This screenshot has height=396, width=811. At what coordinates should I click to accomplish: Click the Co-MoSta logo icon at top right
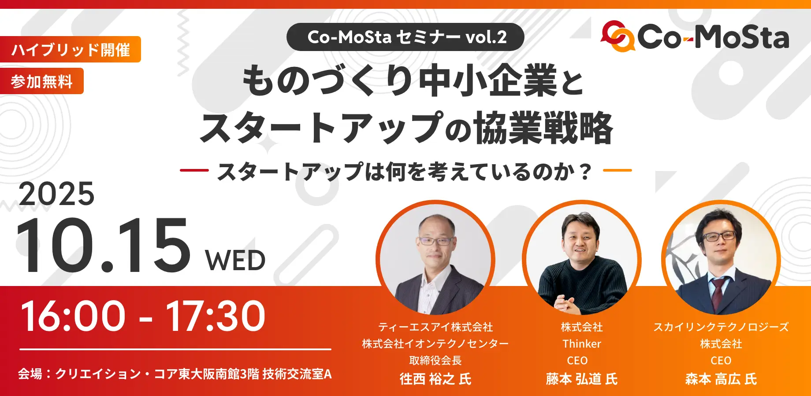(x=618, y=37)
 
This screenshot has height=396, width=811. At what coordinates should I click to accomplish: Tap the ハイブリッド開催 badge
(x=71, y=49)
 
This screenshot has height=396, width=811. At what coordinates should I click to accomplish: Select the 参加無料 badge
(x=42, y=81)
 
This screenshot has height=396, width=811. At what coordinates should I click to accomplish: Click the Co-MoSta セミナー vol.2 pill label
(x=405, y=37)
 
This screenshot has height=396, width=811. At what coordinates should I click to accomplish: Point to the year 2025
(x=56, y=194)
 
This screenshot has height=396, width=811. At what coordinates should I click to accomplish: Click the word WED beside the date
(x=235, y=260)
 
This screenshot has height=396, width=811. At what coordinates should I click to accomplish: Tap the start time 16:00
(x=73, y=316)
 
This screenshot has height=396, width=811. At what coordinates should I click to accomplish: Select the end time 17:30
(x=216, y=316)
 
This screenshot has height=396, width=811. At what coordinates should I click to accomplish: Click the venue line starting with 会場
(x=175, y=374)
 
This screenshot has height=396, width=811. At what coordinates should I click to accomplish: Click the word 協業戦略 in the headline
(x=543, y=128)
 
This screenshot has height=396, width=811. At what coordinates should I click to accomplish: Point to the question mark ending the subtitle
(x=585, y=172)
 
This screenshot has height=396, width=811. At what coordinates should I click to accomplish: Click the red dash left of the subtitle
(x=194, y=170)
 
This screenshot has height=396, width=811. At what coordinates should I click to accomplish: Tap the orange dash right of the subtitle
(x=617, y=170)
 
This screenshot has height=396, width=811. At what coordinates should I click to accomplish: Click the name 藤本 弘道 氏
(x=582, y=379)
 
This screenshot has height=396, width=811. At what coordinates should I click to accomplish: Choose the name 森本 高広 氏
(x=721, y=379)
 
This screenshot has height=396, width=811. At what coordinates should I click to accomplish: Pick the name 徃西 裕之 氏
(x=435, y=379)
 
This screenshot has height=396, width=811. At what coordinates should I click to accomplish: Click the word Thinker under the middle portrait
(x=582, y=344)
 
